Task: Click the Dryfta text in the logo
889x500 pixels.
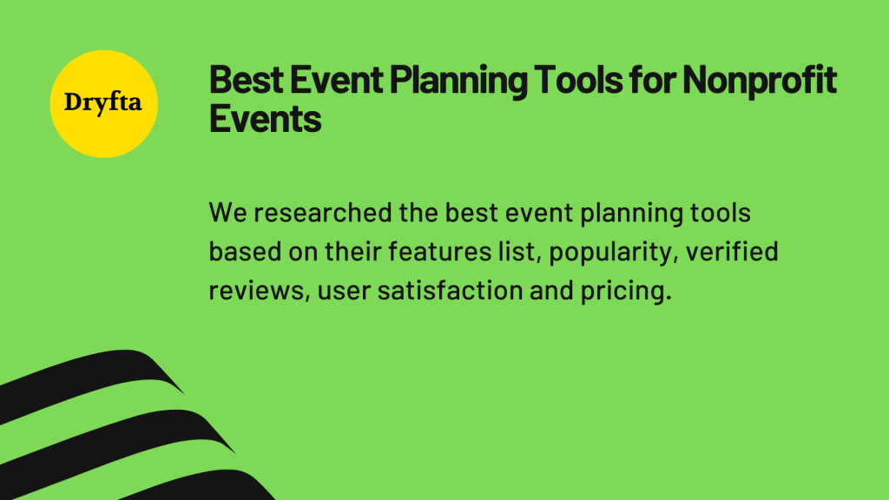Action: [x=104, y=103]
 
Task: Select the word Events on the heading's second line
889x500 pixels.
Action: [x=265, y=119]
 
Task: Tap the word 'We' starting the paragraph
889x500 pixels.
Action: [x=223, y=213]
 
